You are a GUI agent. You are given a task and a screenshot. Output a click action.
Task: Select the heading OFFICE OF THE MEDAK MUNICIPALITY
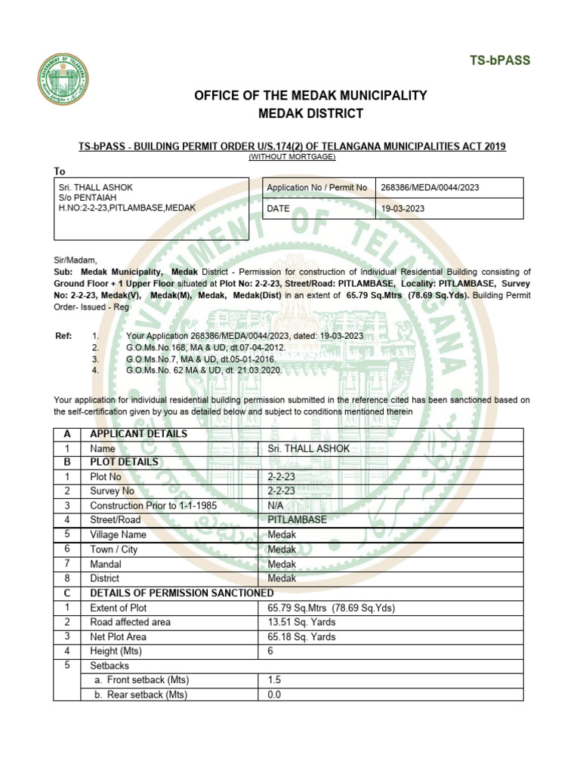[310, 96]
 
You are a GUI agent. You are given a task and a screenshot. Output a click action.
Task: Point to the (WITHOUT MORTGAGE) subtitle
[292, 156]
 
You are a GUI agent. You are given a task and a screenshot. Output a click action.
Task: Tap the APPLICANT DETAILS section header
[138, 434]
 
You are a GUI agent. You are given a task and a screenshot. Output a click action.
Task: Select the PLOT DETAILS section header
[124, 462]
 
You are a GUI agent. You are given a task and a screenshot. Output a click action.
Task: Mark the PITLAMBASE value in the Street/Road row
[298, 519]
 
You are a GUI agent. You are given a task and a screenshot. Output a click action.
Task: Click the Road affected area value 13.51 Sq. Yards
[301, 622]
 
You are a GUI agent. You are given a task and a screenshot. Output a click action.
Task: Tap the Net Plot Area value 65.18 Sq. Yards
[301, 636]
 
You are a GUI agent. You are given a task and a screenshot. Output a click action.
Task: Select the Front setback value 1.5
[274, 680]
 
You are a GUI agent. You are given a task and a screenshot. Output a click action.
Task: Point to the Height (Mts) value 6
[271, 651]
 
